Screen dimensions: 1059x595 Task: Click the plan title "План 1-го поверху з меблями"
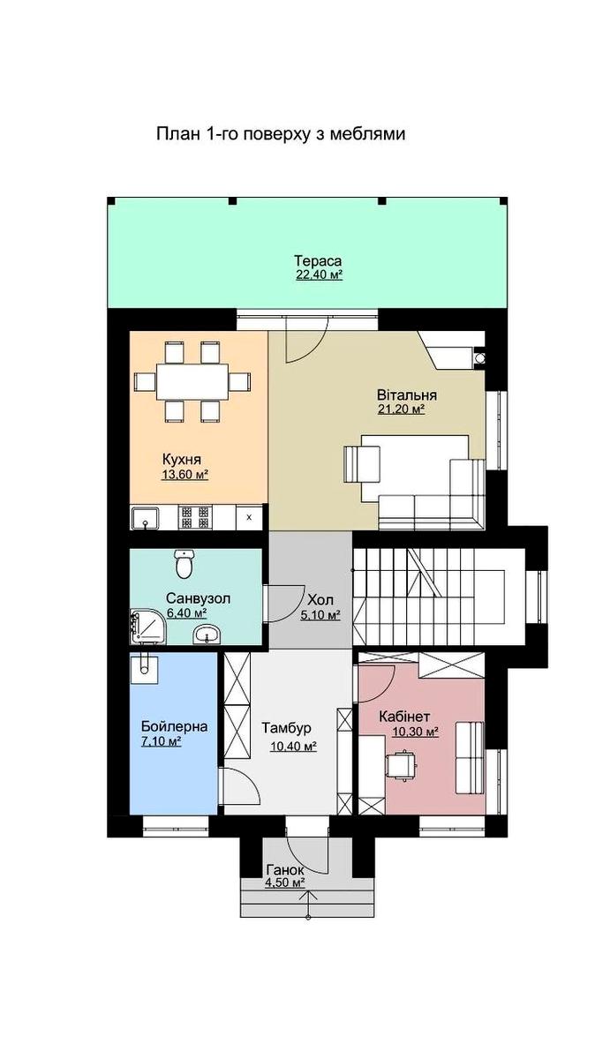point(280,134)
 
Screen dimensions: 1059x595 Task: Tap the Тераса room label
point(318,261)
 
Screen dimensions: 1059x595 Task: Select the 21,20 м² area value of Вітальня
point(401,409)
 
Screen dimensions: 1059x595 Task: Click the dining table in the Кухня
point(192,381)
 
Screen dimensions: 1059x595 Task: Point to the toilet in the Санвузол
point(184,561)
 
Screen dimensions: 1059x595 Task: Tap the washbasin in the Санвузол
point(208,633)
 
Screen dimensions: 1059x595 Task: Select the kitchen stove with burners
point(194,517)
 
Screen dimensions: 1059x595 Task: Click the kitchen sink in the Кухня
point(144,518)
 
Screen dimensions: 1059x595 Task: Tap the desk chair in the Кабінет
point(403,764)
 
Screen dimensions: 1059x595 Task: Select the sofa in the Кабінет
point(469,757)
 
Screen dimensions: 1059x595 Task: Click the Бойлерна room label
point(174,726)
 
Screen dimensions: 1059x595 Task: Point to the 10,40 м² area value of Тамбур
point(293,747)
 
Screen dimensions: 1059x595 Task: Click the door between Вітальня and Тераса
point(310,334)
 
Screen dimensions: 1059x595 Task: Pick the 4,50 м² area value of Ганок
point(284,882)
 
